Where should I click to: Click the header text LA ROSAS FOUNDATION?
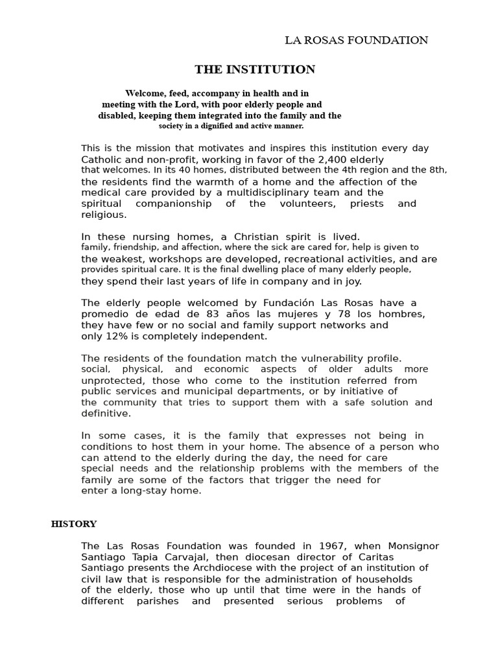357,40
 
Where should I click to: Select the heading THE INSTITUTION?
255,69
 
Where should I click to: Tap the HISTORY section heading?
74,524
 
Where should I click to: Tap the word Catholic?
102,160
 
